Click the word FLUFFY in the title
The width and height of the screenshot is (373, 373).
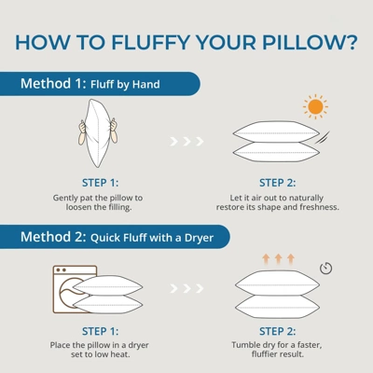point(151,42)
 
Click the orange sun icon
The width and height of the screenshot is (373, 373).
point(315,106)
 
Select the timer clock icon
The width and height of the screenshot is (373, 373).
point(326,268)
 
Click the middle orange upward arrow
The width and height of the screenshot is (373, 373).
point(279,259)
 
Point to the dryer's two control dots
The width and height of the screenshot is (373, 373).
point(62,269)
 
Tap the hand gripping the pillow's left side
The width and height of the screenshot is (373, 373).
point(82,131)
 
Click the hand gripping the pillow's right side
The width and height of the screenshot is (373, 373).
point(114,131)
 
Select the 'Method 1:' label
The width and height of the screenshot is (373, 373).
point(53,84)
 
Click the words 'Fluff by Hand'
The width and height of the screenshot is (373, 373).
point(125,85)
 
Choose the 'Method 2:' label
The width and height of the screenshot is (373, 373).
point(53,237)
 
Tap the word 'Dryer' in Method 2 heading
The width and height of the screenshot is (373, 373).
point(199,238)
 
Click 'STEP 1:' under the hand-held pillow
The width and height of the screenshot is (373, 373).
point(100,183)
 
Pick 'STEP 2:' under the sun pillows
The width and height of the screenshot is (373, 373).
point(278,183)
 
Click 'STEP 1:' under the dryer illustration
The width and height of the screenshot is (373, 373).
point(100,331)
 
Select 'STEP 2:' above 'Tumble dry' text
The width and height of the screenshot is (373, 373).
point(278,331)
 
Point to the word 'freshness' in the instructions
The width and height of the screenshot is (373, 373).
point(319,207)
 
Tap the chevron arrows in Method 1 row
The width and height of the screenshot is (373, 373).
point(186,142)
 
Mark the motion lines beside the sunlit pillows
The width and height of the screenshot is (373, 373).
point(323,137)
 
